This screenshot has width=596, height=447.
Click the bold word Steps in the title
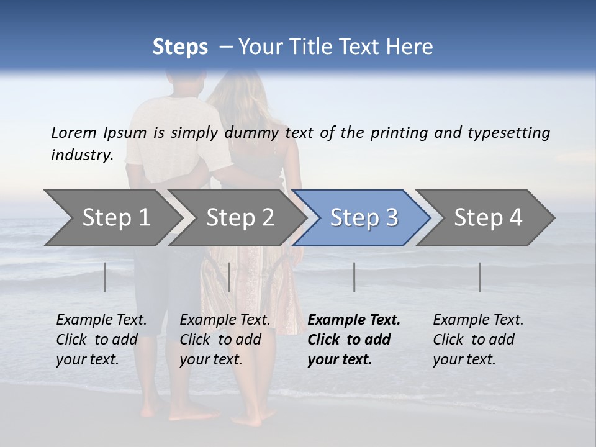pos(180,47)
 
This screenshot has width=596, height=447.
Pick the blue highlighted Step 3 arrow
pos(364,218)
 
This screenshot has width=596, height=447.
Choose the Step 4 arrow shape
pos(488,218)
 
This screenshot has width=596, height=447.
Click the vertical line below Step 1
pos(105,277)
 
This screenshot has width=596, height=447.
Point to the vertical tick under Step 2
pos(229,277)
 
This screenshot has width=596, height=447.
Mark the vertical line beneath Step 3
pos(354,277)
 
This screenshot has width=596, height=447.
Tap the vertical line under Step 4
pos(480,277)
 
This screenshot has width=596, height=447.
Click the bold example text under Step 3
pos(354,340)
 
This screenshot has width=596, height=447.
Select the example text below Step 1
pos(101,340)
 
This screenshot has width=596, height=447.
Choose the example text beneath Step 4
pos(478,340)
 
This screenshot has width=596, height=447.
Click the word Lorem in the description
pos(74,132)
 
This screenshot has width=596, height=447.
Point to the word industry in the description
pos(82,155)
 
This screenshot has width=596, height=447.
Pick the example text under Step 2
pos(225,340)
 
